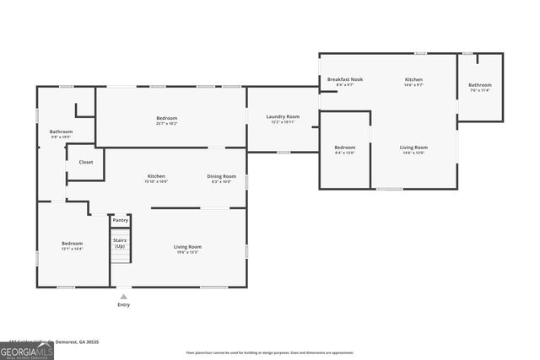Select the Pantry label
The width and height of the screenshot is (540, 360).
(121, 220)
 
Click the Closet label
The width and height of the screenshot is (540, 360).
(86, 162)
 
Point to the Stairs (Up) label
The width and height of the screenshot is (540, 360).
(121, 243)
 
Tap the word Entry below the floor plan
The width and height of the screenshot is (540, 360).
(124, 304)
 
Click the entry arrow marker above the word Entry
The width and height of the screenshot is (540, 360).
(124, 296)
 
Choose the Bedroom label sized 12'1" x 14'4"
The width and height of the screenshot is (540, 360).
(72, 245)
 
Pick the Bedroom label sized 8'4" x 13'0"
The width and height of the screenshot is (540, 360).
(344, 149)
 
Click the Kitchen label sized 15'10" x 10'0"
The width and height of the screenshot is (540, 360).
(156, 178)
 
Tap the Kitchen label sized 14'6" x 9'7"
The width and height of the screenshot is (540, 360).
(413, 82)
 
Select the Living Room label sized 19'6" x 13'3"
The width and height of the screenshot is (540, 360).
(187, 249)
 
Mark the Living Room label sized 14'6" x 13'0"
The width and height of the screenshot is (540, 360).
(413, 149)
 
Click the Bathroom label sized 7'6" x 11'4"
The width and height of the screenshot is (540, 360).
(480, 87)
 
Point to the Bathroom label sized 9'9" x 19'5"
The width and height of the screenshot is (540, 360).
(61, 134)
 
